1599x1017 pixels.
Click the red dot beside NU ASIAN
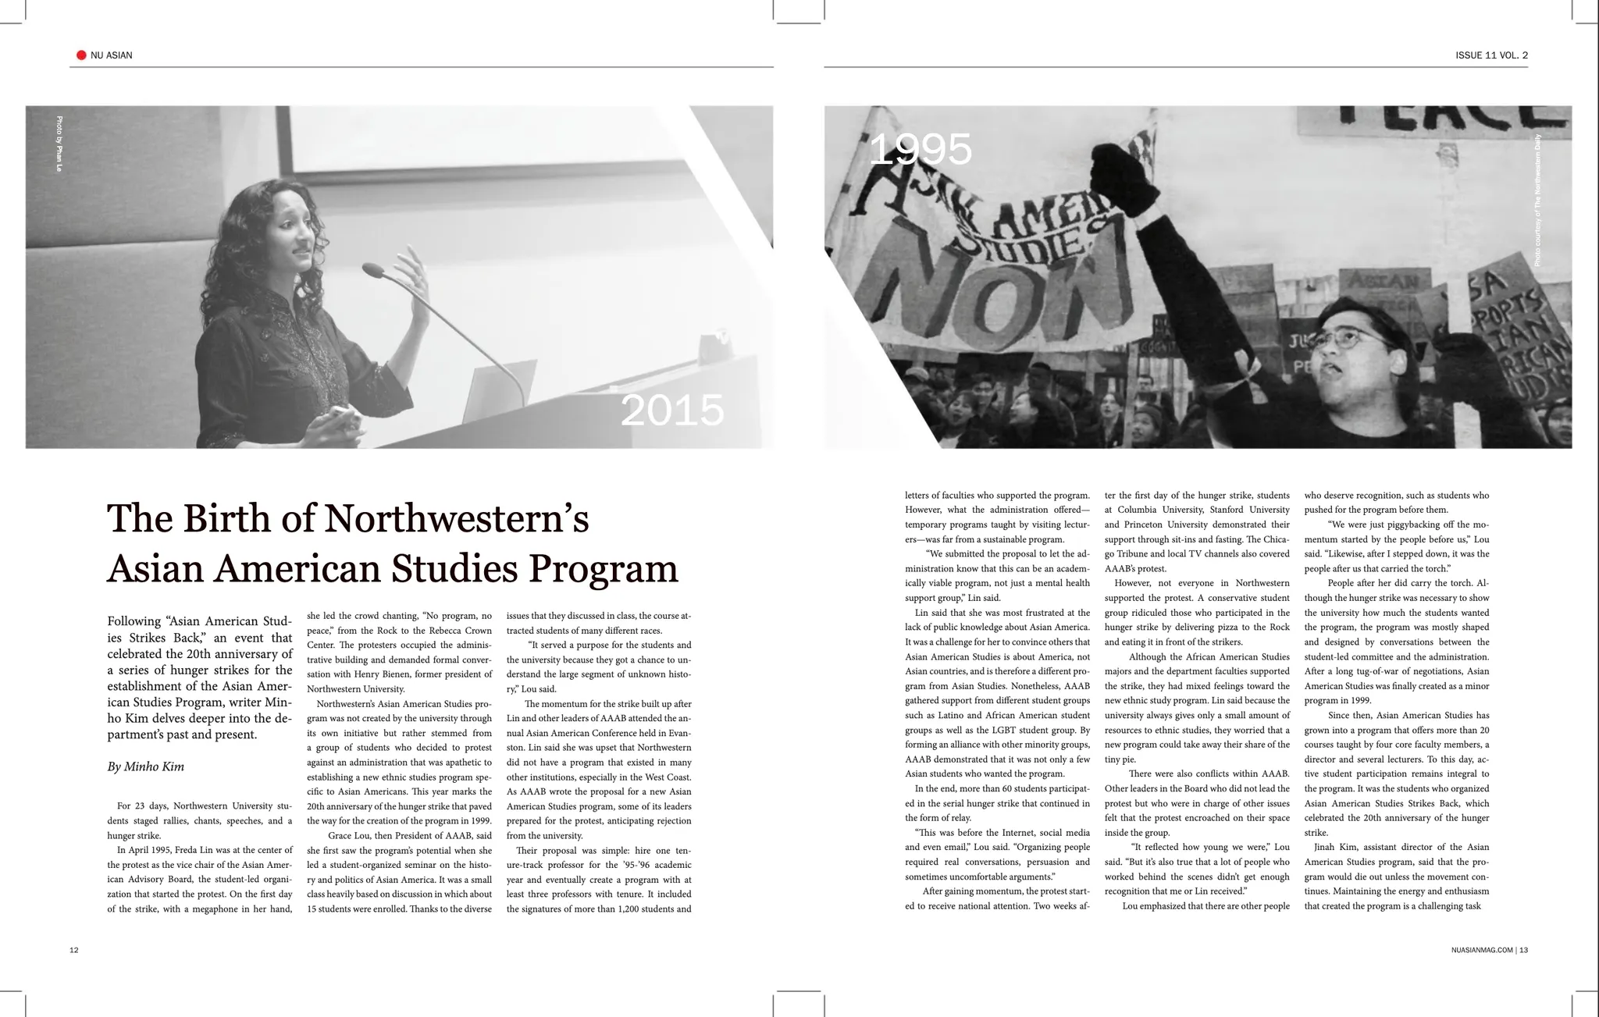point(81,55)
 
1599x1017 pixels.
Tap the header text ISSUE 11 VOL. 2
point(1491,55)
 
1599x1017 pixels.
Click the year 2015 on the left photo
point(672,411)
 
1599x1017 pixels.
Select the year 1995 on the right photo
point(920,149)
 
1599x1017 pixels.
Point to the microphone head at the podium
point(373,271)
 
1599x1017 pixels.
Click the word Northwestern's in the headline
point(456,519)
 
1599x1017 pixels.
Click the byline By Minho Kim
point(146,766)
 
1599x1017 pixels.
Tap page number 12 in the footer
point(74,950)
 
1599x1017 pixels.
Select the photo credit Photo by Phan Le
point(59,144)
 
